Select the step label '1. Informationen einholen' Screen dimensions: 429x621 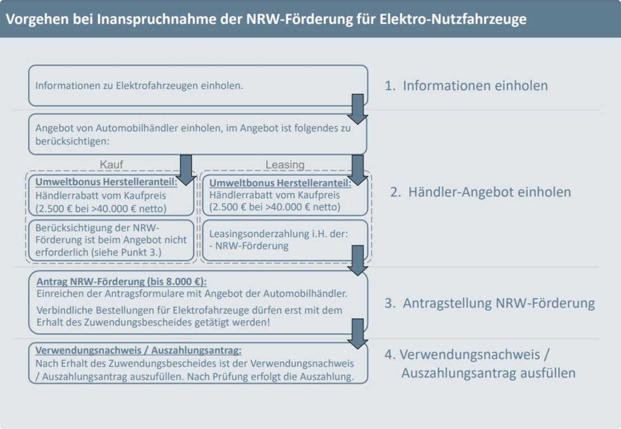tap(466, 86)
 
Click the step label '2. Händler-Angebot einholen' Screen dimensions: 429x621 tap(481, 192)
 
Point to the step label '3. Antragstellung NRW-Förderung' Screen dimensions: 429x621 tap(489, 303)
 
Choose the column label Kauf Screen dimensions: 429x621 tap(111, 164)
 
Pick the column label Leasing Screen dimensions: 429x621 tap(285, 164)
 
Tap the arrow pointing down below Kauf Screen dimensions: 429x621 tap(186, 169)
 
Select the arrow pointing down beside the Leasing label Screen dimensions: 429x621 tap(357, 169)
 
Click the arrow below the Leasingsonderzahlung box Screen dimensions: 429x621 tap(357, 260)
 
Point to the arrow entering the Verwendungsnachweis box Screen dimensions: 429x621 tap(357, 333)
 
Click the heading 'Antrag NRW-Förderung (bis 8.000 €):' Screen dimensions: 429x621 tap(121, 281)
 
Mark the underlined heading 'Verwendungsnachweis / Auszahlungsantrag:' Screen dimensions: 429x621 tap(139, 351)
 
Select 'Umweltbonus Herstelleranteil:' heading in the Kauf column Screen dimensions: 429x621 tap(106, 182)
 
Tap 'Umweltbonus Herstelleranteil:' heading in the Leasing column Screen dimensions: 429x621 tap(280, 182)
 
